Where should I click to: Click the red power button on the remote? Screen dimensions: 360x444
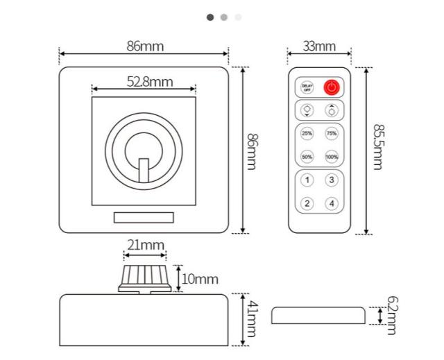(332, 87)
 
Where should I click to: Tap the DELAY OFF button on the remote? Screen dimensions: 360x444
(307, 87)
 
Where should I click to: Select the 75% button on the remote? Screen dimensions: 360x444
(332, 133)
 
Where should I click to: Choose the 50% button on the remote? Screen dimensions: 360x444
(307, 157)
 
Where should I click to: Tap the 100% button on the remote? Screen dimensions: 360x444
(332, 157)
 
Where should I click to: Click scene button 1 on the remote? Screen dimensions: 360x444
(307, 180)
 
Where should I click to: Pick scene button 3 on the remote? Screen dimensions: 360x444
(332, 180)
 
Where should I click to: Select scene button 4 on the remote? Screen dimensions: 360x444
(332, 203)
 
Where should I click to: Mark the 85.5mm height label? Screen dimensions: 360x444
(378, 146)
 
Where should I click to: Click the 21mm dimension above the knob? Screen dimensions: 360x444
(145, 245)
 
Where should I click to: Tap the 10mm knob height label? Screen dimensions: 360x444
(199, 279)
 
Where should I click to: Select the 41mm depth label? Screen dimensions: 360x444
(252, 319)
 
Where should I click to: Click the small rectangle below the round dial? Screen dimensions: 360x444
(144, 218)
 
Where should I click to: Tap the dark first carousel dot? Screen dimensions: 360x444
(210, 17)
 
